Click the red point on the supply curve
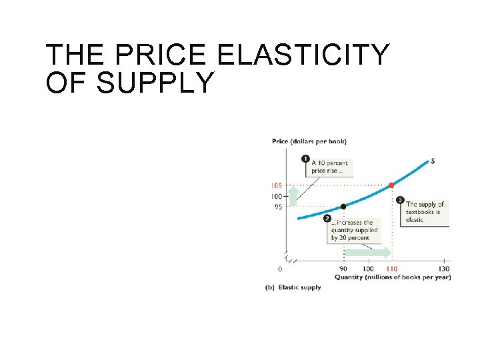coord(391,184)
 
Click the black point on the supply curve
coord(343,207)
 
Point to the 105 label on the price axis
coord(275,185)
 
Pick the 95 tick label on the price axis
coord(277,207)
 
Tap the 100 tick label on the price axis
coord(275,196)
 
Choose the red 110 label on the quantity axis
coord(391,269)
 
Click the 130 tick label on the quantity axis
coord(443,269)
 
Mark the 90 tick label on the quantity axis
coord(343,269)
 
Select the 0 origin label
coord(280,269)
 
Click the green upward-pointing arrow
coord(293,196)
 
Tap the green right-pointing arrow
coord(367,252)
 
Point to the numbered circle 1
coord(305,159)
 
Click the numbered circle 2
coord(327,218)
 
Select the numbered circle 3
coord(399,199)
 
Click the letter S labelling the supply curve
coord(433,161)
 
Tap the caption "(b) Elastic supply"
coord(293,287)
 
